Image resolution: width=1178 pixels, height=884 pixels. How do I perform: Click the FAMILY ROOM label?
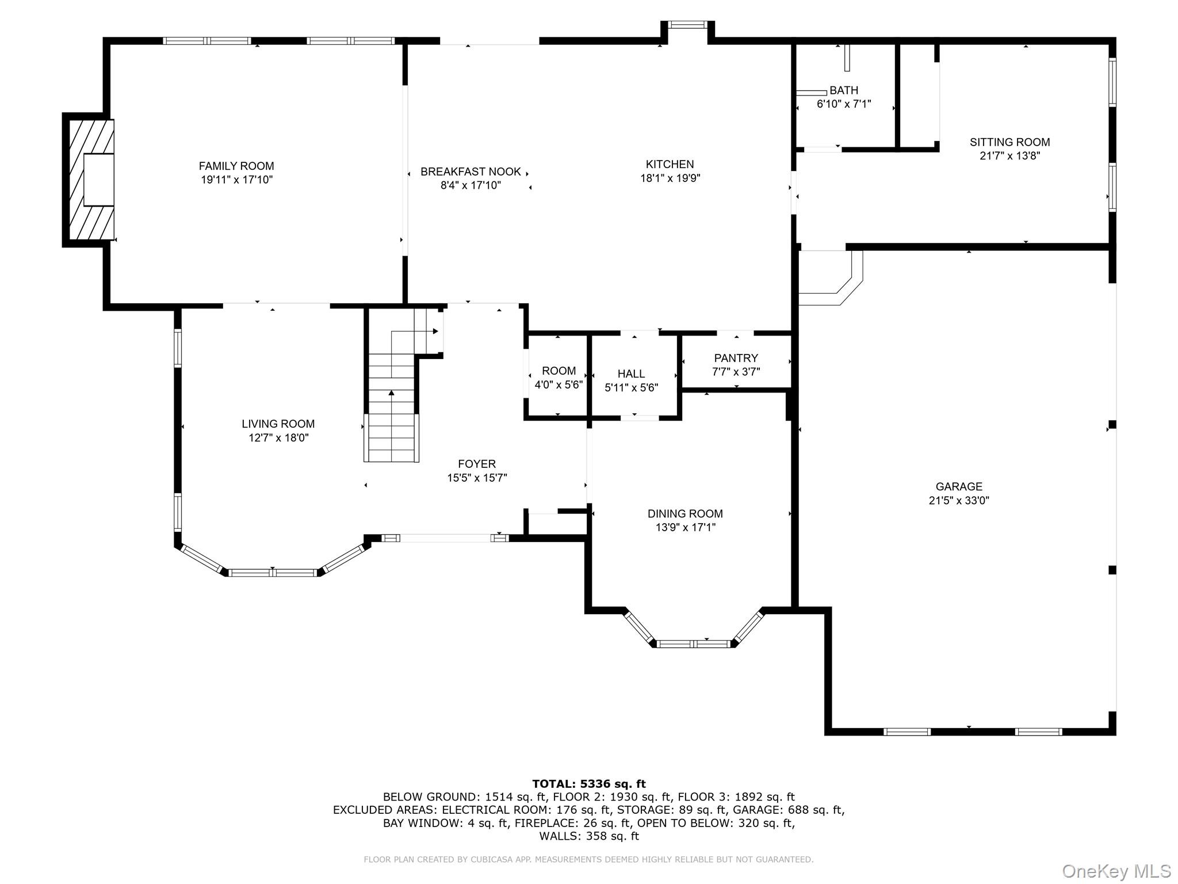[236, 166]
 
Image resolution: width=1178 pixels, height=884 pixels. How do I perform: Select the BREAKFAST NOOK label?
[471, 172]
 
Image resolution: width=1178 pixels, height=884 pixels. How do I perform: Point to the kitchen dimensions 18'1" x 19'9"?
[670, 178]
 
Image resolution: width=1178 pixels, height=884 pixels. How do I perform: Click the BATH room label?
[844, 90]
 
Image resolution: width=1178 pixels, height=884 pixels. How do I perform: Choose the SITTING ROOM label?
[1009, 142]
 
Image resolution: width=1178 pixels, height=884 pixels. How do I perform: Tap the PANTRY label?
[736, 358]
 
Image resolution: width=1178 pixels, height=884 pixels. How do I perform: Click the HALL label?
[631, 374]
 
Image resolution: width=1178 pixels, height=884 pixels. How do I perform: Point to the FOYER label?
[477, 464]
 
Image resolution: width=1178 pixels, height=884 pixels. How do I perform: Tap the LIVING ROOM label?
[278, 424]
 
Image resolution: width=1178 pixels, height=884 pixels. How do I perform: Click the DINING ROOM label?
[684, 514]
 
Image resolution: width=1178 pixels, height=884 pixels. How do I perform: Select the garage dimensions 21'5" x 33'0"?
[959, 501]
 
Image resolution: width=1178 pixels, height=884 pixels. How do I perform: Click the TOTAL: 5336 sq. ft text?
[588, 784]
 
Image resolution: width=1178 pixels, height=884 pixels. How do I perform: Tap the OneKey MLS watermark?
[1116, 871]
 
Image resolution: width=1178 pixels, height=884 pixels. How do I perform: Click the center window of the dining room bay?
[694, 643]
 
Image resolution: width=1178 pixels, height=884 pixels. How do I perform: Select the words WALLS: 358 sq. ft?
[588, 836]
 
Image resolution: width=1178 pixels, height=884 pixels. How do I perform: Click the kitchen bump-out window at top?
[687, 25]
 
